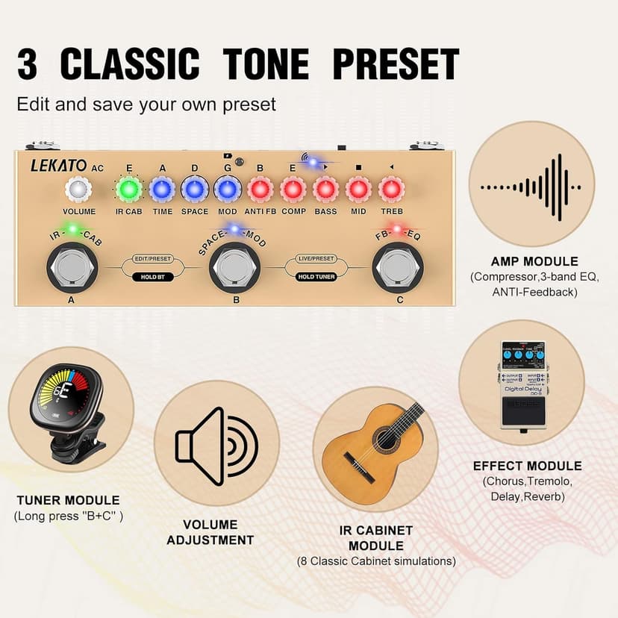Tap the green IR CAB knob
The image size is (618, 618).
(128, 190)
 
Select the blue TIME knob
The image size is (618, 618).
(162, 190)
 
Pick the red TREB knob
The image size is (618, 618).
(391, 190)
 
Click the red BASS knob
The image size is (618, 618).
(325, 190)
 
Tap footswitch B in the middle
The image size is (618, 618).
(234, 266)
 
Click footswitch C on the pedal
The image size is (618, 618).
(399, 266)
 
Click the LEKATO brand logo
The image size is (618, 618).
(59, 166)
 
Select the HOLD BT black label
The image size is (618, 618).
(152, 276)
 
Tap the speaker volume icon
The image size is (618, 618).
(216, 446)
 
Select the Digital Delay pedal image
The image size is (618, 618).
(522, 384)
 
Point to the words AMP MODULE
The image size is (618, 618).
(534, 261)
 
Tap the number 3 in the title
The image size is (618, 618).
(28, 65)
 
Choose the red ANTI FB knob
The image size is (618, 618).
(260, 190)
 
